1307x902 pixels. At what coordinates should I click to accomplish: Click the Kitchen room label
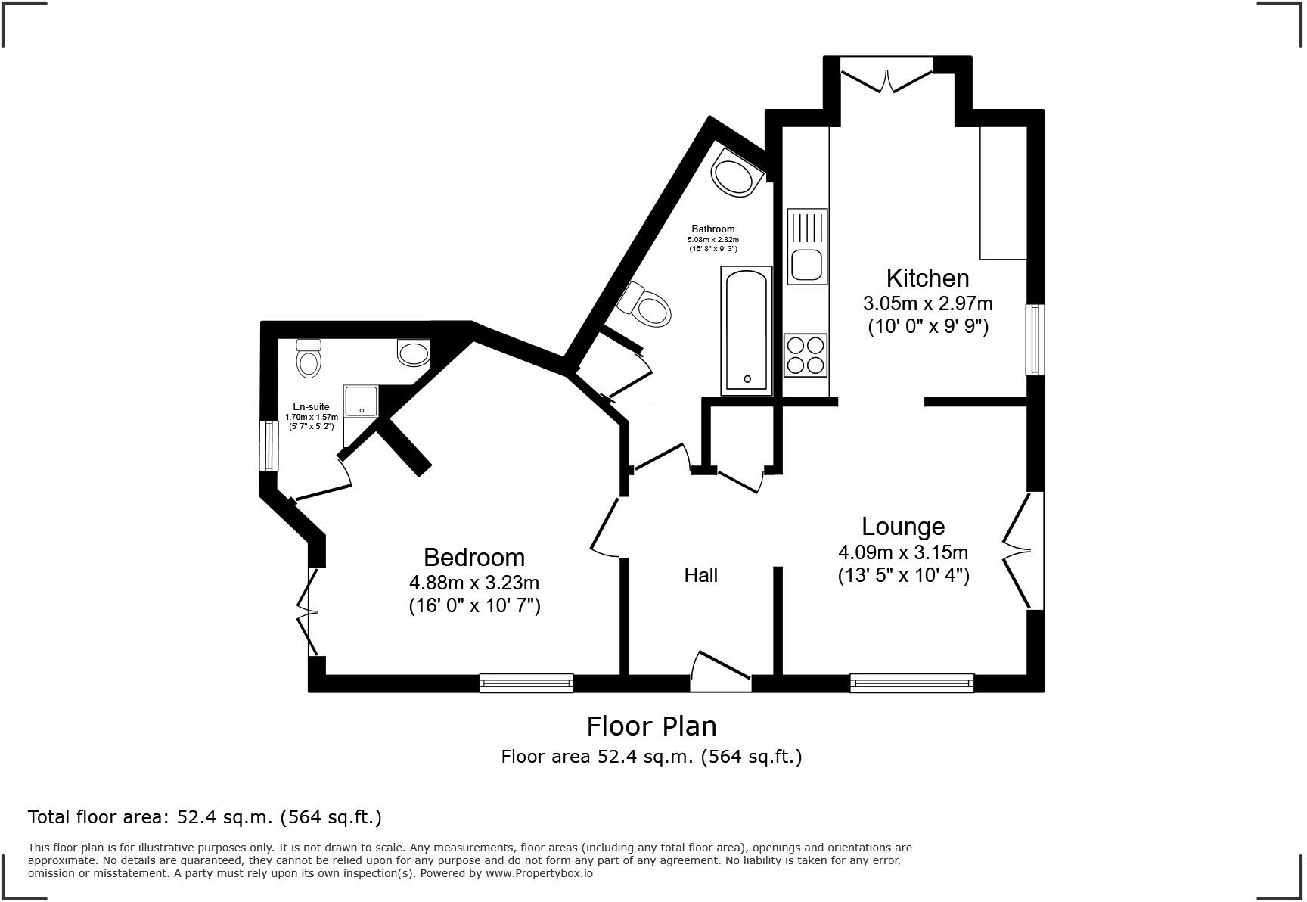coord(927,278)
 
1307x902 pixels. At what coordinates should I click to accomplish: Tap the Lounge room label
coord(903,527)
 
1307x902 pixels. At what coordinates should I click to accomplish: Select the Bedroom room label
coord(473,558)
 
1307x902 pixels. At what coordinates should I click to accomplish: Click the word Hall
coord(700,576)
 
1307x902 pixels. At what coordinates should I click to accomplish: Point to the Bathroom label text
coord(712,229)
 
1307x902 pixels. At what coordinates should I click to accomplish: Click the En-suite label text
coord(311,407)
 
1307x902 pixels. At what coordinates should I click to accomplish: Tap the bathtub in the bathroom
coord(746,331)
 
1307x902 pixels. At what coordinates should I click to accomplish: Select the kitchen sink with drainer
coord(807,247)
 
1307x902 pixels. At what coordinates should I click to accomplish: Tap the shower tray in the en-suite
coord(362,401)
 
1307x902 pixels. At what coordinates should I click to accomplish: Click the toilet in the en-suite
coord(308,359)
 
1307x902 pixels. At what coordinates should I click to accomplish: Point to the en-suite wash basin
coord(413,353)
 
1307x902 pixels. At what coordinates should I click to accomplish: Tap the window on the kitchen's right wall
coord(1034,340)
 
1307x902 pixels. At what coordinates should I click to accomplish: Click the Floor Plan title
coord(651,726)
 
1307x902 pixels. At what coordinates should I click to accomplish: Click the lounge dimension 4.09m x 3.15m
coord(903,552)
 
